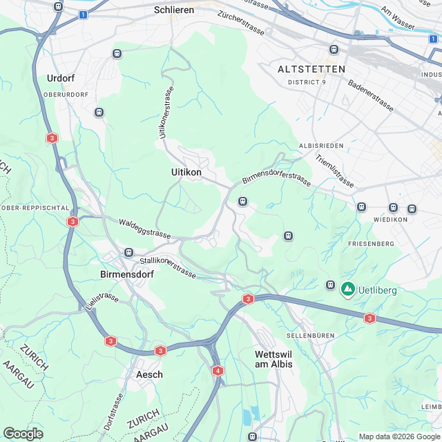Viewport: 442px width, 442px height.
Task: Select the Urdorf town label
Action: pos(60,78)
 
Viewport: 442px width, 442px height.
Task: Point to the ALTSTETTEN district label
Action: pos(311,70)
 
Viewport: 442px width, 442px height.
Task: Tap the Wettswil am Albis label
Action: pos(269,359)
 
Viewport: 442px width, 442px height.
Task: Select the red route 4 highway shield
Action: pos(218,371)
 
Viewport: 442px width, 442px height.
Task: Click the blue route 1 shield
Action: pos(83,14)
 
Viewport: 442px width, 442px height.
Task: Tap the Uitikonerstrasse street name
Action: pos(167,113)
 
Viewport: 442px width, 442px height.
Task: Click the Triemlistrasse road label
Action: pos(334,171)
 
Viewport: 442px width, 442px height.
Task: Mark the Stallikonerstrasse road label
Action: pos(169,266)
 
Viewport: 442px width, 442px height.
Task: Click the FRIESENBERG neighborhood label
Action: pos(371,244)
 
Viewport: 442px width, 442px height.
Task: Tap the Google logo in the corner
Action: pos(23,433)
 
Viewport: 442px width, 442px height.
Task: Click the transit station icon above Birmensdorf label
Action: pos(128,253)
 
